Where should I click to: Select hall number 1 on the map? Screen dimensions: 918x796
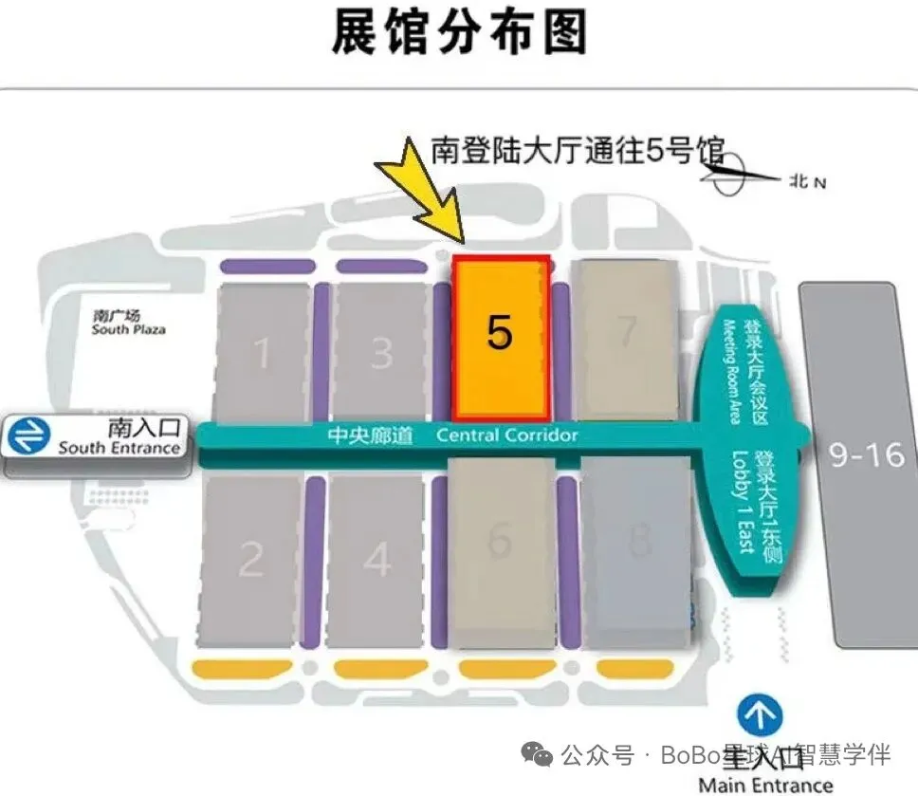[x=263, y=353]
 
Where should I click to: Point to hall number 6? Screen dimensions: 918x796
[x=500, y=541]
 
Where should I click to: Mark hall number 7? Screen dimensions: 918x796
[x=626, y=332]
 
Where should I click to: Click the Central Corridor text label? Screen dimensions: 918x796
[x=506, y=435]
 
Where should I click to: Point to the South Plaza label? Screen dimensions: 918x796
[x=128, y=323]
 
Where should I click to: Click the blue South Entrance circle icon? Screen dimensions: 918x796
[x=28, y=436]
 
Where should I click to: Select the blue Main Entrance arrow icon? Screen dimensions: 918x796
[x=761, y=713]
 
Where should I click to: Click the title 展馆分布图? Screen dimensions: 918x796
[x=459, y=33]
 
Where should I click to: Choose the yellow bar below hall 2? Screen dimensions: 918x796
[x=241, y=668]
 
